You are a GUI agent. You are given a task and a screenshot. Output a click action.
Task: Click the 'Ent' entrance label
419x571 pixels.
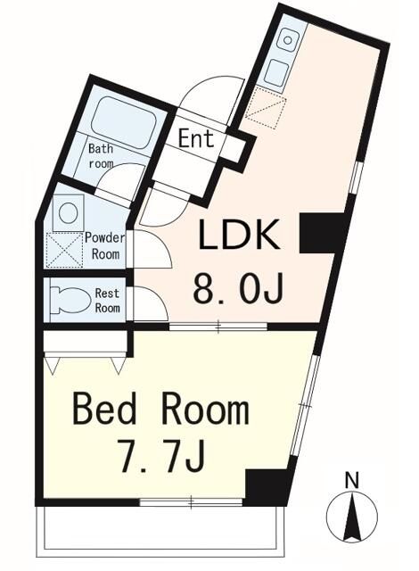click(196, 139)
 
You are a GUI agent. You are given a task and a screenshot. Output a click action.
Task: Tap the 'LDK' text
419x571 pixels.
click(240, 235)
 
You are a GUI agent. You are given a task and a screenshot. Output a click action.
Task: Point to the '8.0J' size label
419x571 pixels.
click(238, 289)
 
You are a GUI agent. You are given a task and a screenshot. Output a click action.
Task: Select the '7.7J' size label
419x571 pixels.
click(162, 455)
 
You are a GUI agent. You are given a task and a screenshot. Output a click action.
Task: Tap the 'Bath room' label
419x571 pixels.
click(101, 156)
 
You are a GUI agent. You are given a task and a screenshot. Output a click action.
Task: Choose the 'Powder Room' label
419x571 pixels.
click(105, 246)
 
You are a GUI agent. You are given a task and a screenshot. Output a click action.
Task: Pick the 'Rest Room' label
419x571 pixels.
click(107, 301)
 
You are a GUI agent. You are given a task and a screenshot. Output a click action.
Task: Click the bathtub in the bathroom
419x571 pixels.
click(125, 121)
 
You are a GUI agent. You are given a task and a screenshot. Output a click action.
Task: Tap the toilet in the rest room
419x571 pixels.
click(70, 301)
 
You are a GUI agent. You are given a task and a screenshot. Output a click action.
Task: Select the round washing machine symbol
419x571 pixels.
click(69, 213)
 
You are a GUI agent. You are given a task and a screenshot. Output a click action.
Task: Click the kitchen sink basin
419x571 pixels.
click(289, 39)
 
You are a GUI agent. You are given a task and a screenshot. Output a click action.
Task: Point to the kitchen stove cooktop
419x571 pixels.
click(277, 72)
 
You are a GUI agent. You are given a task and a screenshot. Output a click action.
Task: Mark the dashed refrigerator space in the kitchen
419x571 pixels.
click(267, 108)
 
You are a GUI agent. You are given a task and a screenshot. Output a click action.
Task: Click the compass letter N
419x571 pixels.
click(352, 480)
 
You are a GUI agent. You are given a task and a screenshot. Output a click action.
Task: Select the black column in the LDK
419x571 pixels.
click(321, 233)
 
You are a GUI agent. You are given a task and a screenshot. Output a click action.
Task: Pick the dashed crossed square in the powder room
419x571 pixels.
click(64, 250)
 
